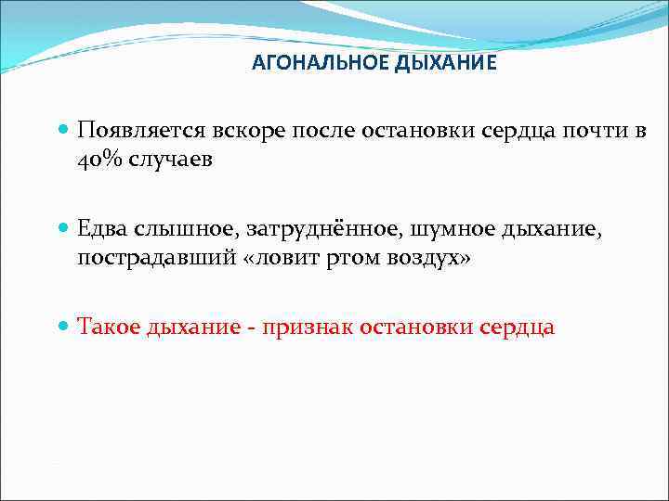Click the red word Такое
click(x=109, y=328)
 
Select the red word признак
click(x=308, y=328)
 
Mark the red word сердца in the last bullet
click(x=517, y=328)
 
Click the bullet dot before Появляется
click(x=63, y=131)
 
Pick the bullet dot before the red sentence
click(x=63, y=328)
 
